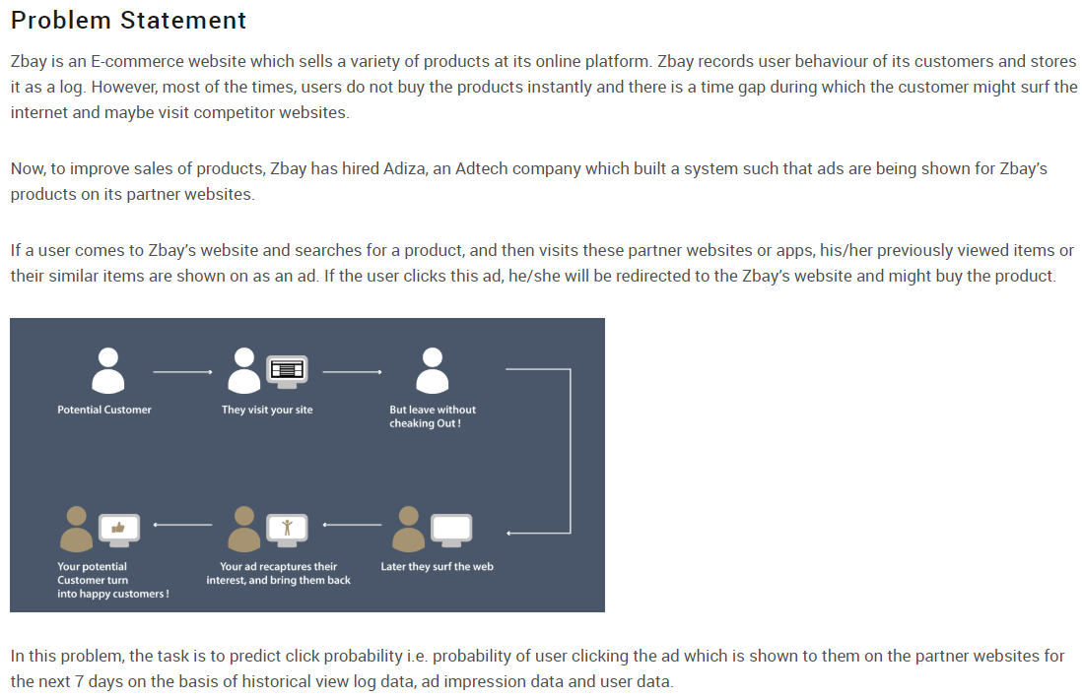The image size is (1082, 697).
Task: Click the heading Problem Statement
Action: tap(128, 20)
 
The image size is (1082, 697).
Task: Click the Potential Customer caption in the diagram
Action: tap(104, 410)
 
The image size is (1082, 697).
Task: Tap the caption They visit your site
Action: tap(267, 410)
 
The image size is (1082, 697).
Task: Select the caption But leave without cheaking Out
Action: tap(432, 416)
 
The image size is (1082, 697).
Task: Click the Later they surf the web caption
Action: tap(437, 566)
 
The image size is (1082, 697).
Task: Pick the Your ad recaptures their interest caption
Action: tap(278, 573)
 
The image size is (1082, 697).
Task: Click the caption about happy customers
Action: tap(112, 580)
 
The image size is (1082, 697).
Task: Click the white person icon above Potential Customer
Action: tap(108, 370)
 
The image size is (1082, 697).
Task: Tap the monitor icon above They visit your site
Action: tap(287, 370)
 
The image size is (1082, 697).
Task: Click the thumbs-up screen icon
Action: tap(119, 530)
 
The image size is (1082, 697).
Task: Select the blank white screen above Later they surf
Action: tap(452, 530)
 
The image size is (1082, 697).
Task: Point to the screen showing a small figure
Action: tap(287, 529)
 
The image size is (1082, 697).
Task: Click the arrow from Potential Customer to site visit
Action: tap(183, 372)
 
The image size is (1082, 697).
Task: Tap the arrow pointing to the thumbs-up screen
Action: tap(182, 525)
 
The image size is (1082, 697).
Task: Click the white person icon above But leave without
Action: tap(432, 370)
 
